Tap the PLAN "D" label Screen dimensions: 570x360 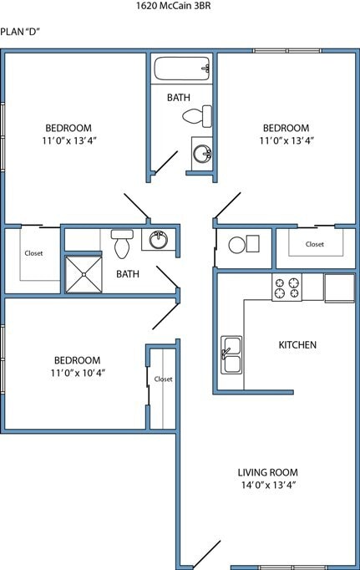click(x=22, y=32)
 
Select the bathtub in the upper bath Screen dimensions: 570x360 click(x=180, y=67)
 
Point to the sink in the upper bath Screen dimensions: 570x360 click(x=201, y=153)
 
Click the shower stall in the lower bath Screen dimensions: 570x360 click(x=84, y=274)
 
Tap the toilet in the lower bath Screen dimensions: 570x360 click(x=122, y=243)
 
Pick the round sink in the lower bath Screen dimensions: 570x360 click(x=157, y=241)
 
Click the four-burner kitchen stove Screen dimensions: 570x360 click(x=286, y=288)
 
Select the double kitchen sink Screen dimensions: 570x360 click(x=231, y=354)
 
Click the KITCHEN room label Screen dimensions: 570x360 click(x=297, y=345)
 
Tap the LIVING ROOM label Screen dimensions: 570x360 click(x=267, y=472)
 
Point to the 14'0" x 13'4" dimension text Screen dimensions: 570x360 click(x=267, y=485)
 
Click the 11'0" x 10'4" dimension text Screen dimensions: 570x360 click(x=76, y=373)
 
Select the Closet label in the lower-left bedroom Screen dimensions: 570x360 click(x=163, y=379)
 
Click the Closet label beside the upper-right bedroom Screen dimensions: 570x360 click(x=314, y=244)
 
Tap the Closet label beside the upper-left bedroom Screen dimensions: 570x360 click(x=33, y=252)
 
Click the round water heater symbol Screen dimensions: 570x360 click(x=237, y=245)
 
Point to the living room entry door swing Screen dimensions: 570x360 click(x=206, y=554)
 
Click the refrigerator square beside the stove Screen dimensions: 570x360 click(x=339, y=288)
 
